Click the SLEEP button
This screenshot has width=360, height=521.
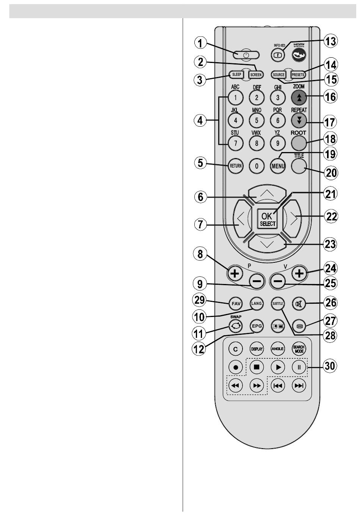(x=236, y=75)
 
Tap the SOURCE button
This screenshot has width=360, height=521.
(x=279, y=75)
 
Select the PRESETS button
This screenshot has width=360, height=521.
(x=298, y=75)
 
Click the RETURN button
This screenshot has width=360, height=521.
(x=235, y=166)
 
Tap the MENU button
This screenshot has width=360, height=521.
(x=278, y=166)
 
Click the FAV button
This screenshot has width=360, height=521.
(x=235, y=304)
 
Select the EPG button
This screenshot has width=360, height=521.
(x=257, y=326)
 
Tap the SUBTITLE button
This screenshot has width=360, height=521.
(x=278, y=304)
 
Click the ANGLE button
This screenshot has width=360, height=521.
(x=278, y=348)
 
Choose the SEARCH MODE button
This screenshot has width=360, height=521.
(x=299, y=348)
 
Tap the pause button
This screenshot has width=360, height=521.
(x=299, y=367)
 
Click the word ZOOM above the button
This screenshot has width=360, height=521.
(x=299, y=87)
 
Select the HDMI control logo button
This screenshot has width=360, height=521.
(x=299, y=55)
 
